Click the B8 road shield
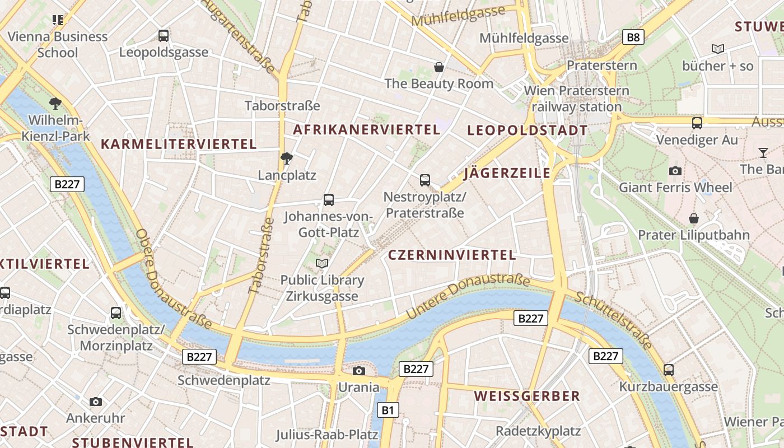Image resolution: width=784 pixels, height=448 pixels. [633, 38]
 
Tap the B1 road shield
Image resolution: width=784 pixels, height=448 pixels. [388, 410]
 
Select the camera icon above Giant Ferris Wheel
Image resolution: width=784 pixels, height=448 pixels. [675, 171]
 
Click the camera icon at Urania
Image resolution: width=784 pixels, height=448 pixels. [359, 371]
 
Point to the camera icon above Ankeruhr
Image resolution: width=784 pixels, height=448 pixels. [96, 402]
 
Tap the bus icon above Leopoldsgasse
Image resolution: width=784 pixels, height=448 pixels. [164, 36]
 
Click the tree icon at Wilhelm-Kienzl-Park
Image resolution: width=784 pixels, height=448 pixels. [55, 103]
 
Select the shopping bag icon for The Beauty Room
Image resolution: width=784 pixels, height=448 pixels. [439, 67]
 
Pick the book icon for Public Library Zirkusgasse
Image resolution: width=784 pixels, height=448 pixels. [322, 263]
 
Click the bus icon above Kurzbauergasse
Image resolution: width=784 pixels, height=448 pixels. [669, 370]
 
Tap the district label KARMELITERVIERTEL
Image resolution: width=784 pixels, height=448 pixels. [179, 144]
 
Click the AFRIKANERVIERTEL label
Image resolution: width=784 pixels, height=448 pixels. [367, 129]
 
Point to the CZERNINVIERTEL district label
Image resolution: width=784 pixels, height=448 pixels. [452, 255]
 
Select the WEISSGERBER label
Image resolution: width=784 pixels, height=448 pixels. [527, 396]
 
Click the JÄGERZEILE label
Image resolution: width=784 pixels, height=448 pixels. [507, 173]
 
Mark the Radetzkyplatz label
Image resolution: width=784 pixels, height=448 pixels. [538, 431]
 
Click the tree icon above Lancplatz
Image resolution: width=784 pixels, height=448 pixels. [287, 158]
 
